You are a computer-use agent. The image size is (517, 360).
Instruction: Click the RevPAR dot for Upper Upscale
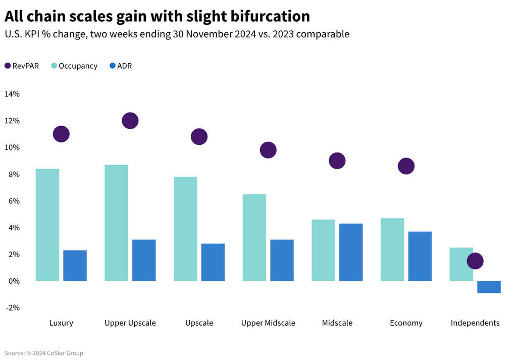pos(130,121)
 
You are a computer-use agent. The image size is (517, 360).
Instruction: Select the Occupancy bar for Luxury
pos(47,225)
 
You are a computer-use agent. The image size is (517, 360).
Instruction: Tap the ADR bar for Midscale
pos(351,252)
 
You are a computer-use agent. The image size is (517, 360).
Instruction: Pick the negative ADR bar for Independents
pos(489,287)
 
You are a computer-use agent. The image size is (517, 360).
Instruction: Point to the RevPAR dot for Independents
pos(475,261)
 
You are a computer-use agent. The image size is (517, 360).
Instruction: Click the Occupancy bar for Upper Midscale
pos(254,237)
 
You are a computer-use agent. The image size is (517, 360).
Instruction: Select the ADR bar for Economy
pos(420,256)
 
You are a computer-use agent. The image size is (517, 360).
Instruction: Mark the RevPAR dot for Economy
pos(406,166)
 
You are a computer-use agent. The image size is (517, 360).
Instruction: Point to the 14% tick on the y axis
pos(12,94)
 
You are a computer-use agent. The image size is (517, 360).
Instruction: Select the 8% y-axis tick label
pos(14,174)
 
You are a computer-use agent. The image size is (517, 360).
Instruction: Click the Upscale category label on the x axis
pos(199,323)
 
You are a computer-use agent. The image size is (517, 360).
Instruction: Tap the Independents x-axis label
pos(475,323)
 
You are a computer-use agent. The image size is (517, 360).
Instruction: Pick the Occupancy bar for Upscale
pos(185,229)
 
